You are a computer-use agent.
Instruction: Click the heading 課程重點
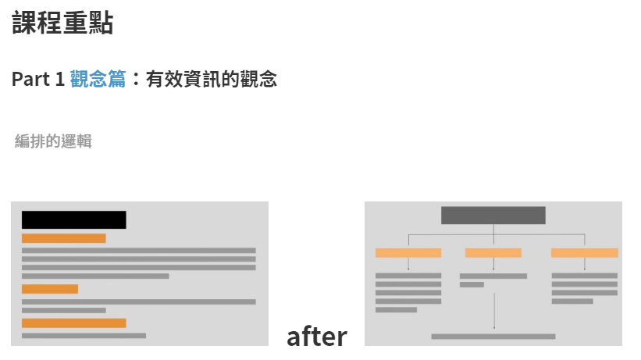[x=62, y=23]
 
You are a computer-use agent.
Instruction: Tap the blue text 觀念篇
[x=98, y=79]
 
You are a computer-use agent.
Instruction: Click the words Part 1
[x=37, y=79]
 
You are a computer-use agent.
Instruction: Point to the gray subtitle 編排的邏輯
[x=53, y=141]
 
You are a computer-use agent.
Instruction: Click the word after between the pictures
[x=316, y=337]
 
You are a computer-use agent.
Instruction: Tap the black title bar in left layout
[x=73, y=219]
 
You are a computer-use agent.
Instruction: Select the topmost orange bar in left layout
[x=63, y=238]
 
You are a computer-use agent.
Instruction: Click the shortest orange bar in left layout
[x=50, y=289]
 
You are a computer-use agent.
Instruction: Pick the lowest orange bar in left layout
[x=73, y=323]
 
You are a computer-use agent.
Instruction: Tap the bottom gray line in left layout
[x=84, y=336]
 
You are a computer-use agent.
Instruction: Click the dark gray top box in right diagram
[x=493, y=216]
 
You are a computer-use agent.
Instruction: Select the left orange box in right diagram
[x=408, y=253]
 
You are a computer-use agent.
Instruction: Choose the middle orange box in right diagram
[x=493, y=253]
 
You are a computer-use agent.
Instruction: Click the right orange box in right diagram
[x=584, y=253]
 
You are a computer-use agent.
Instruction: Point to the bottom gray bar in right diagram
[x=493, y=337]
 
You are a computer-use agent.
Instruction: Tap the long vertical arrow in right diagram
[x=493, y=308]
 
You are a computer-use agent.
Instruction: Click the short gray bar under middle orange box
[x=472, y=285]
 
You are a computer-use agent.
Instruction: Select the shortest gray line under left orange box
[x=396, y=310]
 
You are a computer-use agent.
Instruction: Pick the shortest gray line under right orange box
[x=572, y=301]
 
